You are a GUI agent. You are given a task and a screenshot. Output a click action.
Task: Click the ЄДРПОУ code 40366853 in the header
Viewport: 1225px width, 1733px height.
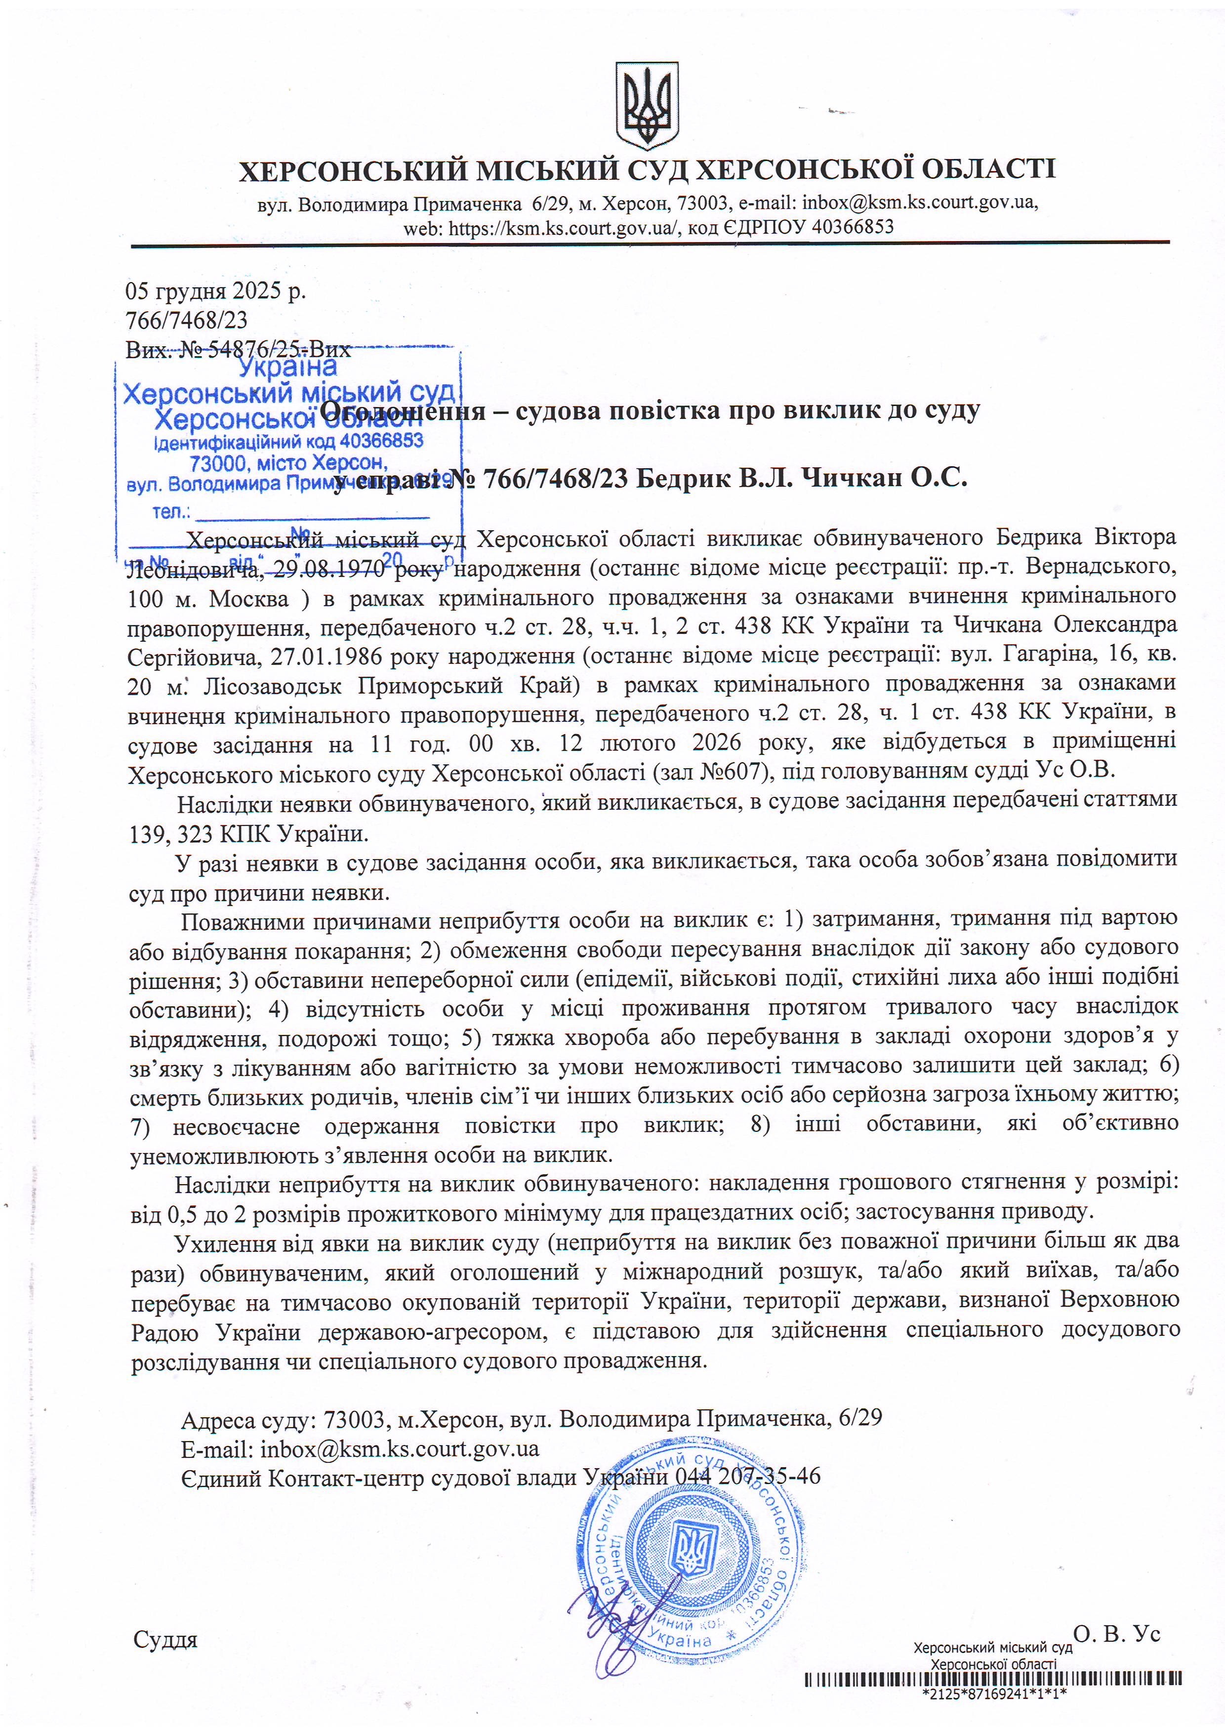[x=850, y=226]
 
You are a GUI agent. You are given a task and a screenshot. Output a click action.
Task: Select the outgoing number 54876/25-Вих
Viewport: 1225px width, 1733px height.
[x=279, y=349]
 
